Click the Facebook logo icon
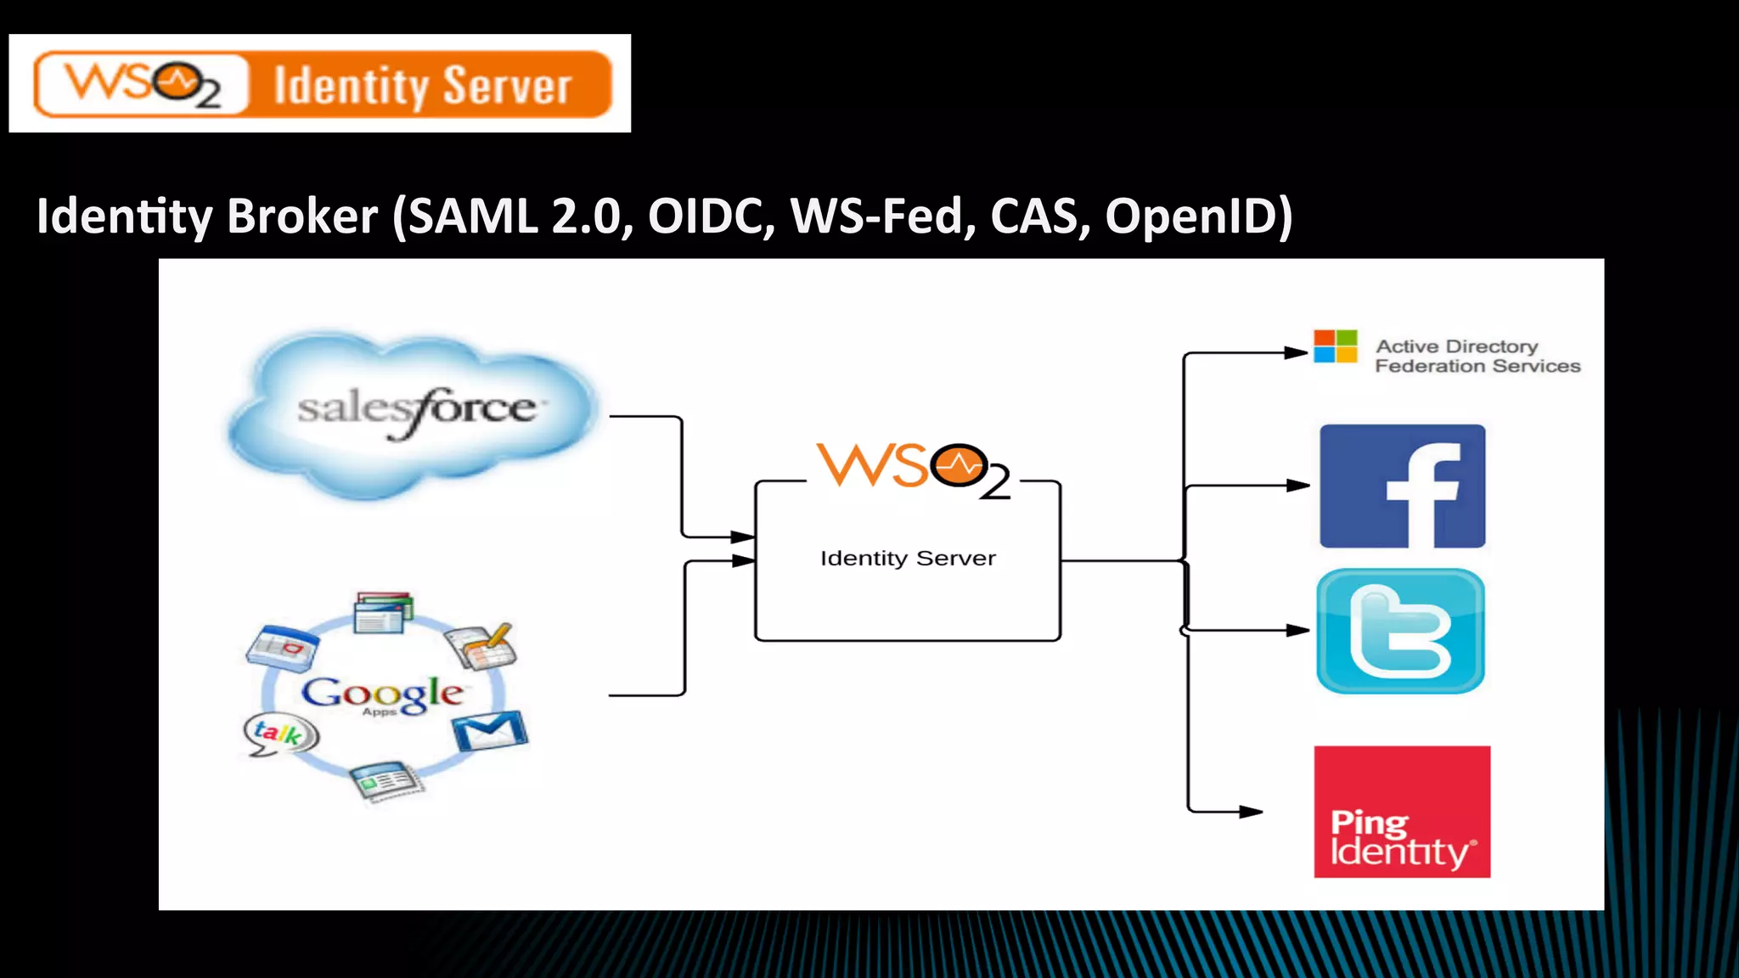[1402, 486]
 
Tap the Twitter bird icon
[1400, 632]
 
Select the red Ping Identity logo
[1402, 812]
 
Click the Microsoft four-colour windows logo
[1335, 346]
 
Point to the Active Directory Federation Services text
[1477, 357]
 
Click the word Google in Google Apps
[382, 693]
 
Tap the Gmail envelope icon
[489, 731]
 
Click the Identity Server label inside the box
[907, 559]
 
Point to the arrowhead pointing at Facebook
[1297, 486]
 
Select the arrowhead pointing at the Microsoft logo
[1296, 353]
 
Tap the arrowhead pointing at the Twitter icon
[1297, 631]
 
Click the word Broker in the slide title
[301, 216]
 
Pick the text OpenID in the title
[1197, 216]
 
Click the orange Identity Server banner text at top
[422, 86]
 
